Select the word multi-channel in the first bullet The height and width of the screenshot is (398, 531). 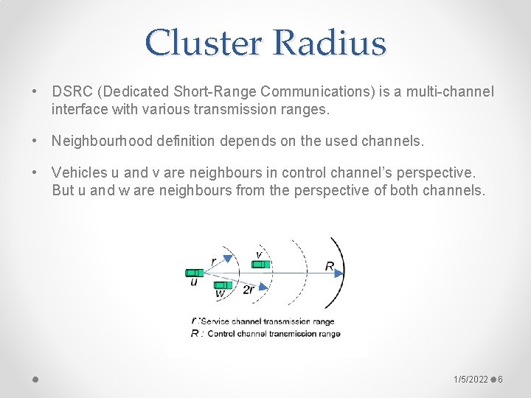451,92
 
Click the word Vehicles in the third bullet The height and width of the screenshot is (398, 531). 77,172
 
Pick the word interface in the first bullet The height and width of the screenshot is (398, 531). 77,109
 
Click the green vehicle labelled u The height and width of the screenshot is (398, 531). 195,273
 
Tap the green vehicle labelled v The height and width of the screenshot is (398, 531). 262,263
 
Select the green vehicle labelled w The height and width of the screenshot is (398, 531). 223,284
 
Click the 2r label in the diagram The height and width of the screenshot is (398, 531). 249,290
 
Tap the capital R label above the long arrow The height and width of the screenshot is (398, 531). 329,265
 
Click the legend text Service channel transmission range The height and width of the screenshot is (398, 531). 267,321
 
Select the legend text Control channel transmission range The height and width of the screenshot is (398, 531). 274,334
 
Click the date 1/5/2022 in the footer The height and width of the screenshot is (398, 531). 471,379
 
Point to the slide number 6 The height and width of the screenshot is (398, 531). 500,379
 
